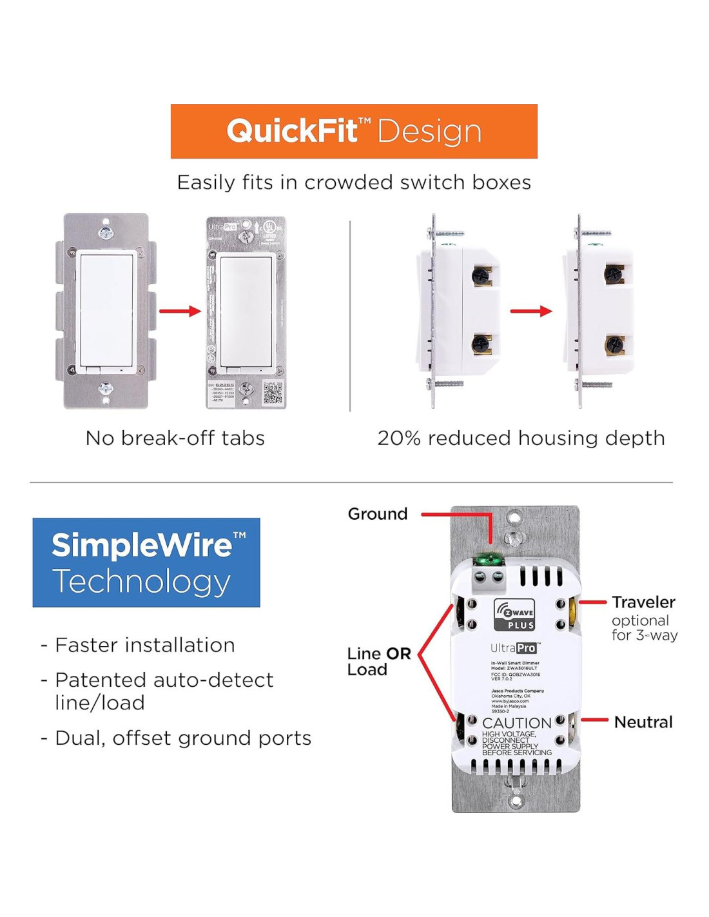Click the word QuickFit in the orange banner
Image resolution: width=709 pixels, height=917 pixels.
(291, 131)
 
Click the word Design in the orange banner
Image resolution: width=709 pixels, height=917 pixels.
(429, 132)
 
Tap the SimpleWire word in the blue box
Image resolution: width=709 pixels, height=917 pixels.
(142, 546)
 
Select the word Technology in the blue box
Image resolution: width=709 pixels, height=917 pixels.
(141, 582)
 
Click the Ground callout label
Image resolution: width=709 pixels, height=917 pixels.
(378, 514)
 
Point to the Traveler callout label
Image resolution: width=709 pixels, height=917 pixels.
(643, 602)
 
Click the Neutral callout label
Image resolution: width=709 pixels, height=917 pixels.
(643, 722)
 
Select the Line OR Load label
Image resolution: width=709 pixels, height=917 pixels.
(378, 662)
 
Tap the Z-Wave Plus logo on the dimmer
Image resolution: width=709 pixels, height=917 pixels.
(514, 615)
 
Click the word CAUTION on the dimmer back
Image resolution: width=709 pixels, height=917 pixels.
(516, 723)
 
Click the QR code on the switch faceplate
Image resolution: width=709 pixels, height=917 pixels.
(273, 394)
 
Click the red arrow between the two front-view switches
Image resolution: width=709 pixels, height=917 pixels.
(180, 311)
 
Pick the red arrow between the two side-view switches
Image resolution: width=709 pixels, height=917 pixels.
(531, 311)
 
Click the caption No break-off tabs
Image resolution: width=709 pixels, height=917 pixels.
(175, 439)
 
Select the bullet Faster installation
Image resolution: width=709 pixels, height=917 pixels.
(145, 645)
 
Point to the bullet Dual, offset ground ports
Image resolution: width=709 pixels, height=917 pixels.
(183, 738)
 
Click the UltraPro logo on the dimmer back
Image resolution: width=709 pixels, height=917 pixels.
(514, 648)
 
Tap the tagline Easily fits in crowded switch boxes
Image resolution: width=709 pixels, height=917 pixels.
(354, 182)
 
